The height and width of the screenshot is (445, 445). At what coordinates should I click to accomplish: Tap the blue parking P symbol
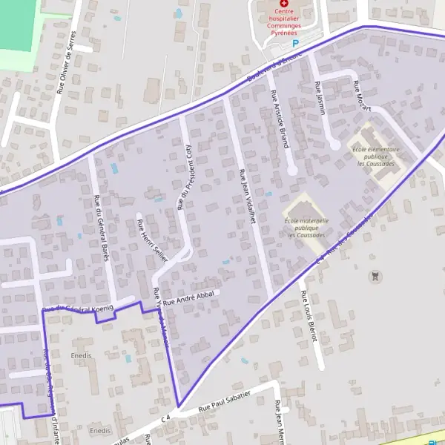point(295,44)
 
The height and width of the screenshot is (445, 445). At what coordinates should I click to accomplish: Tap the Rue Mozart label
point(361,98)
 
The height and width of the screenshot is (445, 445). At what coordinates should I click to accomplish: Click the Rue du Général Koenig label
point(78,308)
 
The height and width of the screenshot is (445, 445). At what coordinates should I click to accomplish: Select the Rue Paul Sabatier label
point(225,402)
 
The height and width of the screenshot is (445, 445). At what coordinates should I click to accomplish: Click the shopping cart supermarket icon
point(377,276)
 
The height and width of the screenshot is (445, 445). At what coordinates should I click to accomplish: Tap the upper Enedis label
point(82,356)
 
